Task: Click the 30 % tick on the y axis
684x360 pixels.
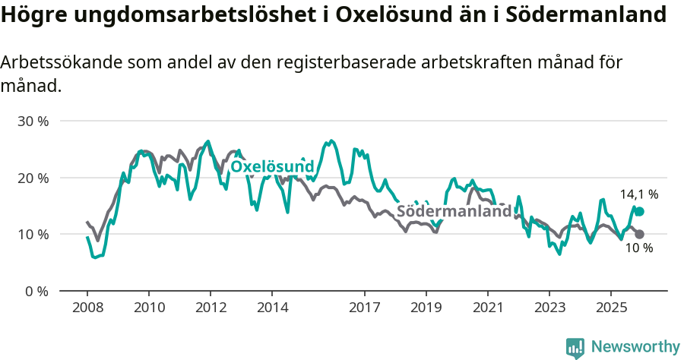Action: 33,122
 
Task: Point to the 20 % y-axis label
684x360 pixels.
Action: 33,178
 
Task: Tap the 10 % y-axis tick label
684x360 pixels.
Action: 33,235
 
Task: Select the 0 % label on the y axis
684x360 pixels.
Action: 36,291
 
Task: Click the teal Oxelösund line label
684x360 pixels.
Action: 272,166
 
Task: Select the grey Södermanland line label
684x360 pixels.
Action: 454,211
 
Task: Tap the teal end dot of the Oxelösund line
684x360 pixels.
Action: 639,211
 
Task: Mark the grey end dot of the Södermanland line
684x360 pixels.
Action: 639,235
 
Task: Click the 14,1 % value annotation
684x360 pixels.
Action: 639,194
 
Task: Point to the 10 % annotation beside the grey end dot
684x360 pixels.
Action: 638,248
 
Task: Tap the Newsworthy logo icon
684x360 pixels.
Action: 575,348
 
